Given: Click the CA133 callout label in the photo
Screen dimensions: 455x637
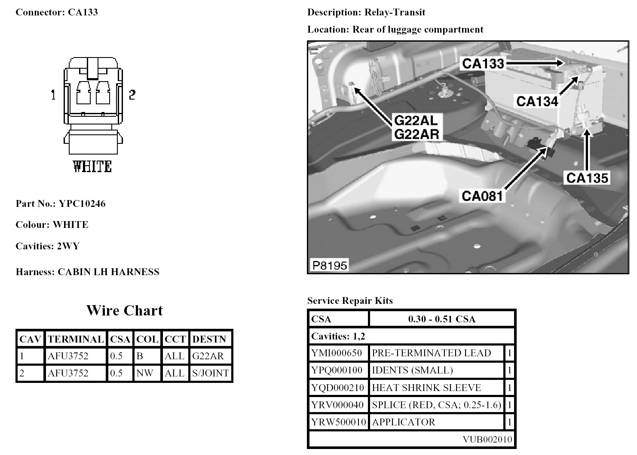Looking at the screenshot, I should [483, 64].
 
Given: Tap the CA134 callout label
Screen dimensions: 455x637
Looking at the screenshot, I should [537, 101].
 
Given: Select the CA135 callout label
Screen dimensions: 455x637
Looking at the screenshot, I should [587, 177].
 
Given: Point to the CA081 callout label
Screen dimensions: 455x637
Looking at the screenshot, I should [482, 196].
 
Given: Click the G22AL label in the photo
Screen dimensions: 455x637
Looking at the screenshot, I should [416, 120].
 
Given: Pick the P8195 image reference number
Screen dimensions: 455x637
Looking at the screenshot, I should [330, 265].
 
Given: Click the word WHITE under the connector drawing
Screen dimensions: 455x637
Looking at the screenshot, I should [92, 167].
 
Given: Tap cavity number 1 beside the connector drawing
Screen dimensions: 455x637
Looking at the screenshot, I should [53, 94].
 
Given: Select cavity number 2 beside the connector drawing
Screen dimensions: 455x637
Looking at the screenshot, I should [132, 94].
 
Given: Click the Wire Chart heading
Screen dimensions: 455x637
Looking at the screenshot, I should [125, 310].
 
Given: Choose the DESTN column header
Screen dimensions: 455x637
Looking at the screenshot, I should [209, 339].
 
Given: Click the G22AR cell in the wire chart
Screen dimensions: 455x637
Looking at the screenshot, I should [208, 356].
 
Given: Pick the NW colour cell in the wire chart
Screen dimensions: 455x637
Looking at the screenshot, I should [145, 373].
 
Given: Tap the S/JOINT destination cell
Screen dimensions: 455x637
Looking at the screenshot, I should [211, 373].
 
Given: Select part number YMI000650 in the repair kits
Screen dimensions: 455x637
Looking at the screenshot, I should [337, 353].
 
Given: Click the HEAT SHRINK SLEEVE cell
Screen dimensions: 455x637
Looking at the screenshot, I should [426, 388].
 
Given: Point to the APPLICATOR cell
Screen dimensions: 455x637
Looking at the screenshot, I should [404, 422].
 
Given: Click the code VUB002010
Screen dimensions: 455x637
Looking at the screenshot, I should [487, 439].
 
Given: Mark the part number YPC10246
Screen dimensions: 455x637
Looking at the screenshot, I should [82, 203].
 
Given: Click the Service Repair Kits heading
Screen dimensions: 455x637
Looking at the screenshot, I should [350, 300].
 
